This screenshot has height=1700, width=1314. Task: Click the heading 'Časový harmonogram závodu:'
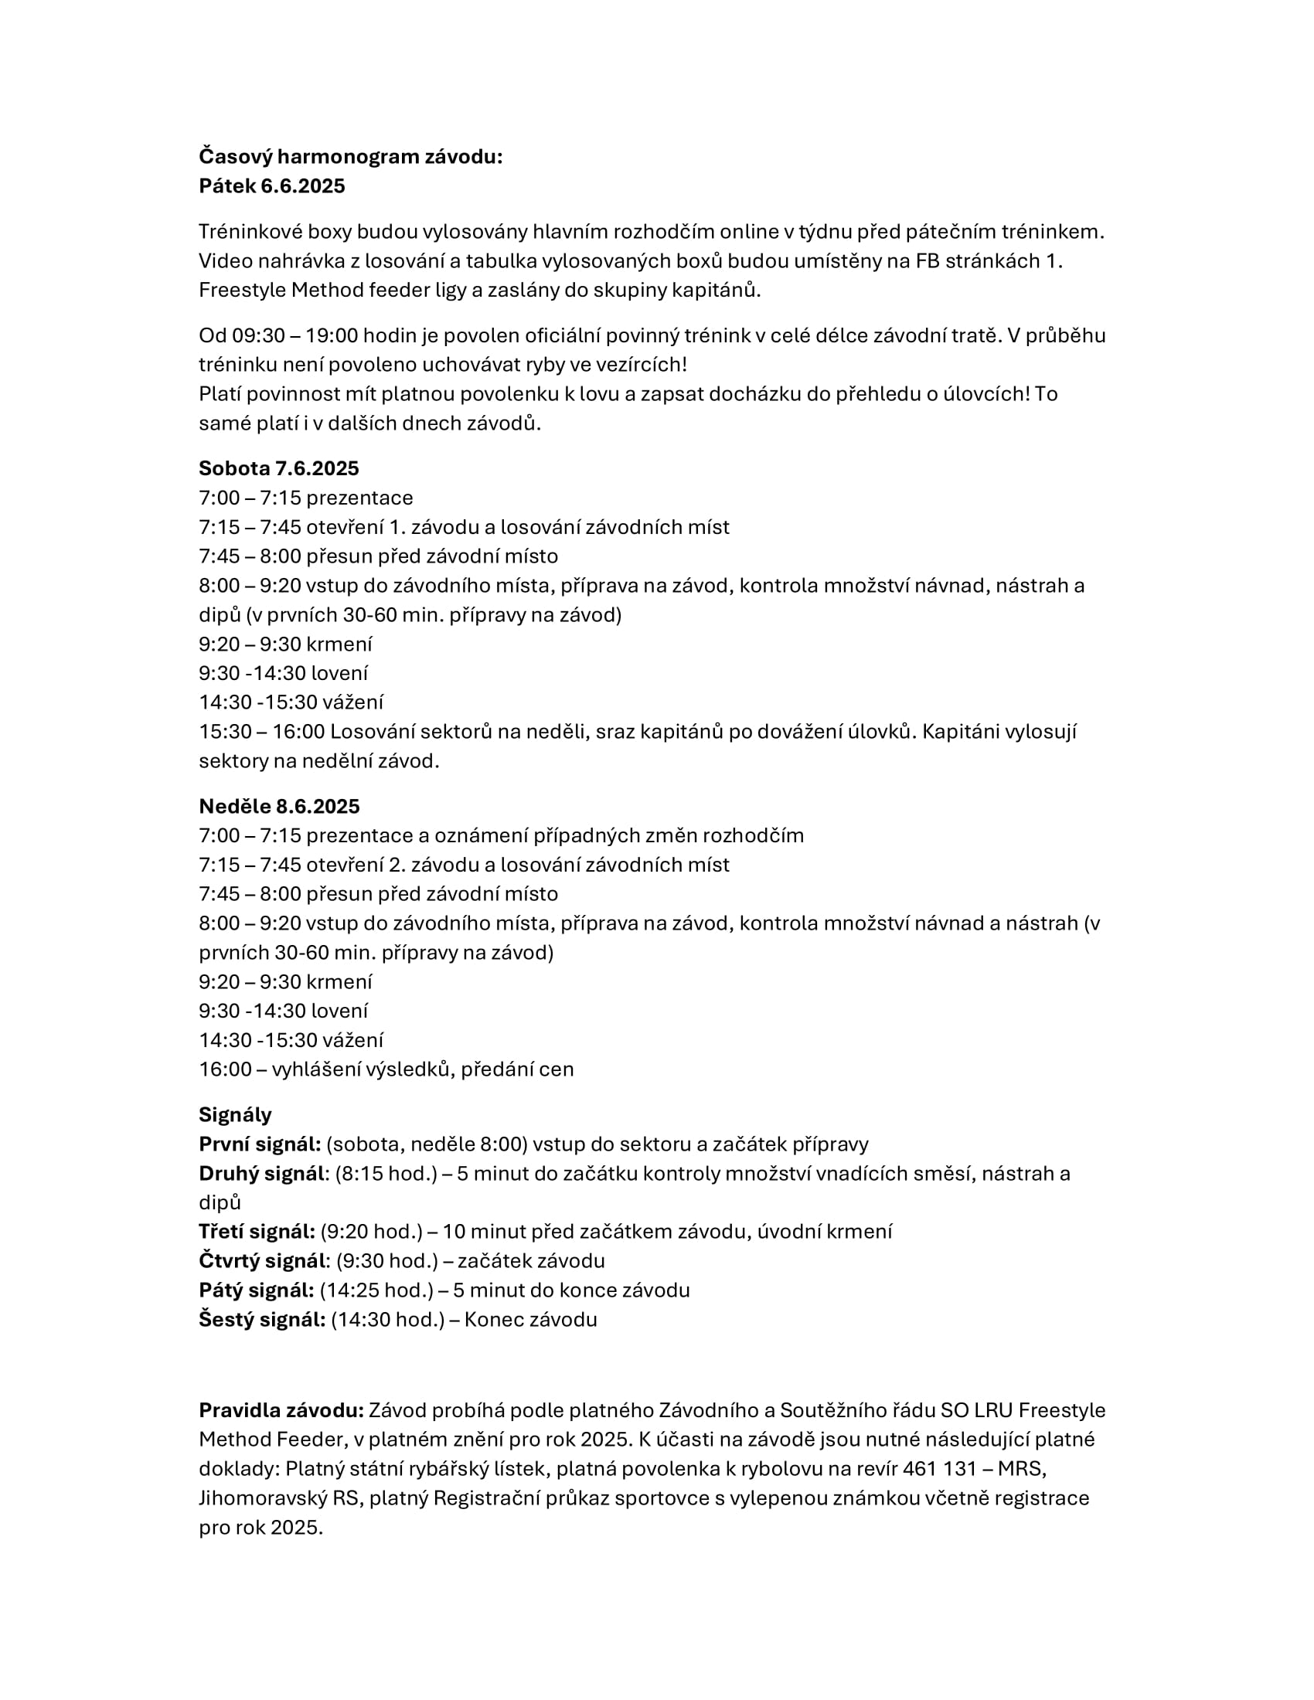tap(350, 156)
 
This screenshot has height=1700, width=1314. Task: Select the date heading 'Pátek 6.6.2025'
tap(271, 186)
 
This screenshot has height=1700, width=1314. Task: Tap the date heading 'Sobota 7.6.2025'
tap(279, 467)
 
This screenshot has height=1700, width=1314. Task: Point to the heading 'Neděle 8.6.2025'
tap(279, 806)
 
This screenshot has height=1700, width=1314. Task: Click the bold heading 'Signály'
tap(235, 1114)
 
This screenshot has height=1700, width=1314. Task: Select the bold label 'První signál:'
tap(260, 1144)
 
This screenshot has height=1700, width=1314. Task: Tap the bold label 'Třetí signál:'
tap(257, 1232)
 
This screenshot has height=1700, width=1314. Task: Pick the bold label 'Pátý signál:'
tap(256, 1290)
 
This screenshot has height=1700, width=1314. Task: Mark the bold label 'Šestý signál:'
tap(261, 1319)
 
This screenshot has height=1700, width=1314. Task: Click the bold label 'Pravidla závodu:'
tap(281, 1410)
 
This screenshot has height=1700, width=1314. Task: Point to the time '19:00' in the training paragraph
tap(332, 335)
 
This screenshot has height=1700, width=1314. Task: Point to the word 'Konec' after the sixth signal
tap(491, 1319)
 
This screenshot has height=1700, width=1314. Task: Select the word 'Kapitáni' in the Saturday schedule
tap(962, 732)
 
